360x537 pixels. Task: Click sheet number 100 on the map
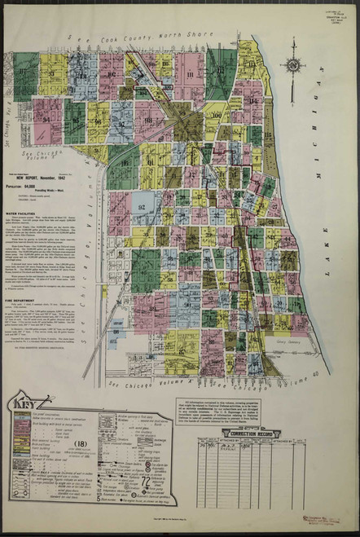coord(216,115)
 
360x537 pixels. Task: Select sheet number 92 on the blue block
coord(141,207)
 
